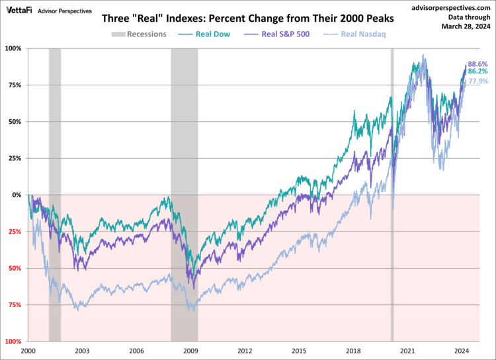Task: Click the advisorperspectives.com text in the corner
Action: point(446,7)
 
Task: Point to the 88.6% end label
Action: point(478,63)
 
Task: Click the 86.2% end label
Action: point(478,71)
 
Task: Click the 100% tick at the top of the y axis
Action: point(13,48)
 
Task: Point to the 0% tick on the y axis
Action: point(17,195)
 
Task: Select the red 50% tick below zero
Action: point(15,268)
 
